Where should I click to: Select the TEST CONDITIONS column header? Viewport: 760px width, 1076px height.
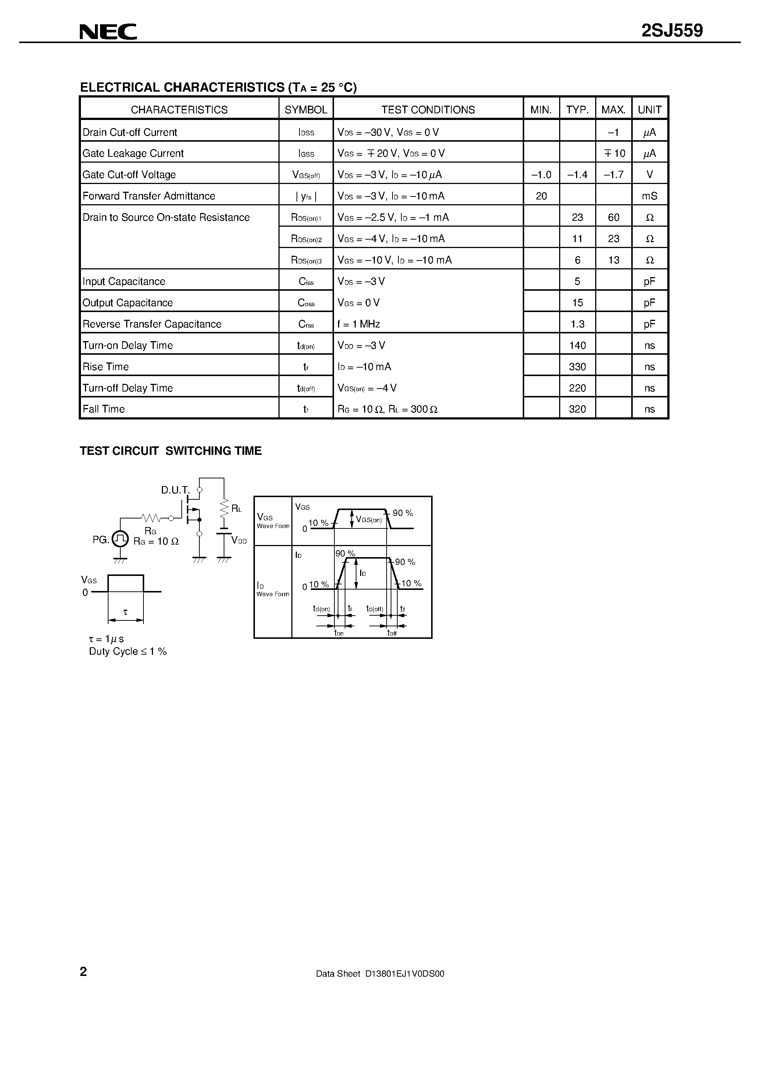click(428, 110)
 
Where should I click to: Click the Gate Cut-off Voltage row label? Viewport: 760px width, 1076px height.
click(129, 175)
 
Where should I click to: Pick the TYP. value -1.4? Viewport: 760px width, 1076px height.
click(577, 175)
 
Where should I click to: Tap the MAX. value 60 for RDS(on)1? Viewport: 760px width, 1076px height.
click(613, 217)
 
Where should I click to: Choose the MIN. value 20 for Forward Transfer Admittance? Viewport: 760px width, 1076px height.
click(541, 196)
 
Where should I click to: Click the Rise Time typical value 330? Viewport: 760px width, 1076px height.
click(577, 367)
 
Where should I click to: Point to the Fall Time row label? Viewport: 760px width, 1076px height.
click(103, 409)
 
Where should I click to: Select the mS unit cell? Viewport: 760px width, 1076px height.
click(649, 196)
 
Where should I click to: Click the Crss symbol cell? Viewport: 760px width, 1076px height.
click(306, 324)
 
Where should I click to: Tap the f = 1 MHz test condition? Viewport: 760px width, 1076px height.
click(359, 324)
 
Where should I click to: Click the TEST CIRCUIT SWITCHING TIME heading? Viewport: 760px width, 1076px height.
click(171, 451)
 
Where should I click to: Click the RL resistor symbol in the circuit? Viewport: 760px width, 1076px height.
click(224, 507)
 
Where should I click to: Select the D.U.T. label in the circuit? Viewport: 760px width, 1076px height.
click(175, 490)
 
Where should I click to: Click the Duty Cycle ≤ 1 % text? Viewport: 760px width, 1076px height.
click(128, 651)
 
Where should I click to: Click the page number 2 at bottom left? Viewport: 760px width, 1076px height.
click(84, 971)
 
